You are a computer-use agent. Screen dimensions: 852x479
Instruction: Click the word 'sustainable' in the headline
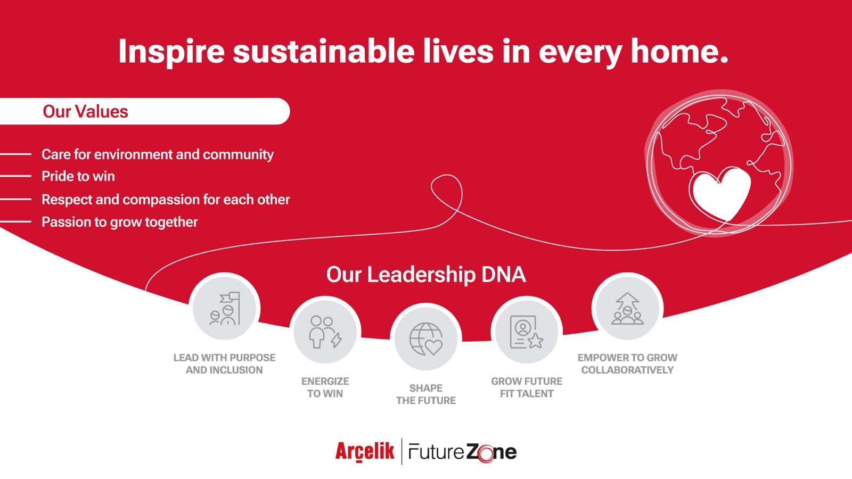point(324,51)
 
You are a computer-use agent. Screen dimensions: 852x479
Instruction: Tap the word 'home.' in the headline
point(679,51)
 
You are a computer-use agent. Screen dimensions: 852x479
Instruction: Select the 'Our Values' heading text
point(85,111)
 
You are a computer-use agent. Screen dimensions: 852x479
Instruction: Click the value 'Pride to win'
point(78,176)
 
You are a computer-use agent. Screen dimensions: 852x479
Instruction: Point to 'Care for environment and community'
point(158,154)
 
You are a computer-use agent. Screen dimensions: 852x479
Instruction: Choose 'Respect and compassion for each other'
point(166,200)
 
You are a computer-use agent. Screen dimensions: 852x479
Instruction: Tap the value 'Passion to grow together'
point(119,222)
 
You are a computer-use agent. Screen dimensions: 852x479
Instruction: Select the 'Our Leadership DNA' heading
point(426,275)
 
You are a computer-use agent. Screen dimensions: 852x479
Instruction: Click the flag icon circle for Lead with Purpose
point(224,308)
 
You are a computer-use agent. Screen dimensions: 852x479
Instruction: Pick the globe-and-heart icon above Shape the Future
point(426,338)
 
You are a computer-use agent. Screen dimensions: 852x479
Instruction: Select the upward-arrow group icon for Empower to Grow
point(628,308)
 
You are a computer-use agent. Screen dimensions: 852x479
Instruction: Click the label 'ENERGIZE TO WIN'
point(325,387)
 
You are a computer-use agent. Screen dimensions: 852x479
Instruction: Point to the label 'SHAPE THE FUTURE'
point(426,394)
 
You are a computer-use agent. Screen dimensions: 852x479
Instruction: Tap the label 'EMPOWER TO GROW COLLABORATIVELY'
point(628,364)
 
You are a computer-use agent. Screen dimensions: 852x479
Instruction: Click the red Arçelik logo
point(365,452)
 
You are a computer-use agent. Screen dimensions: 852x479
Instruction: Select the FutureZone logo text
point(463,452)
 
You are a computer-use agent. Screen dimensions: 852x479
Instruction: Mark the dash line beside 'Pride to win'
point(15,176)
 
